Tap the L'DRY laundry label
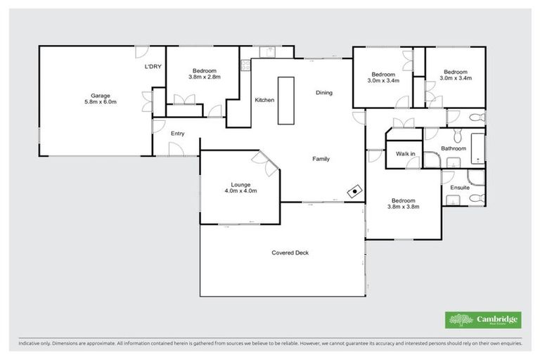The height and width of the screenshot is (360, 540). click(x=153, y=67)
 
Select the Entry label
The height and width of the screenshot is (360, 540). click(x=177, y=134)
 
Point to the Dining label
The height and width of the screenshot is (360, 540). click(x=323, y=93)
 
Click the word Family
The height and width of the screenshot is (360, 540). click(x=321, y=159)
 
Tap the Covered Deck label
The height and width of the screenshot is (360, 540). click(x=290, y=253)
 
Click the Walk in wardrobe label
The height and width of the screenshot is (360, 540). click(x=405, y=153)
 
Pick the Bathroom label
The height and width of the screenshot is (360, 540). click(x=454, y=148)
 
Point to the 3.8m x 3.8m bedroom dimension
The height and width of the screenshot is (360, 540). click(x=404, y=207)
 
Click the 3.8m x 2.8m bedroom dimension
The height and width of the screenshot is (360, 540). click(x=205, y=77)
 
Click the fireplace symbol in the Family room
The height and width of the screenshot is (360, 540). click(x=356, y=190)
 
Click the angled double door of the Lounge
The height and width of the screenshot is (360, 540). click(x=269, y=162)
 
